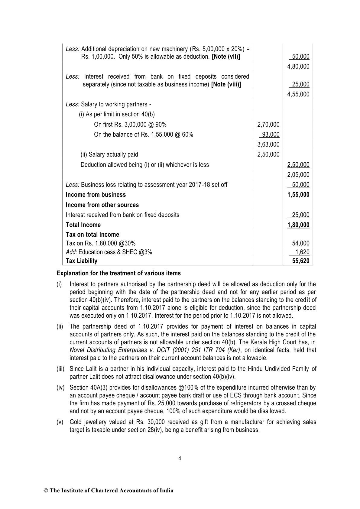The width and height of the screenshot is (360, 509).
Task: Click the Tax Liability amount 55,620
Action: pos(301,261)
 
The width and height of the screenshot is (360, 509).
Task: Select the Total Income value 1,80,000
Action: pos(298,225)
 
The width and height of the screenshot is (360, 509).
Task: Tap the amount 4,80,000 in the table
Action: pos(298,66)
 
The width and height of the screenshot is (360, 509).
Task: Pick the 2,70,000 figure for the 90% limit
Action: pos(268,125)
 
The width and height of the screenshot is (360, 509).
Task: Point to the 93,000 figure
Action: pos(271,135)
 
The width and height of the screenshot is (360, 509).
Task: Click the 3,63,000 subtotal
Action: pos(268,144)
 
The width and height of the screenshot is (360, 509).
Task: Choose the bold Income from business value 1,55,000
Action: pos(298,195)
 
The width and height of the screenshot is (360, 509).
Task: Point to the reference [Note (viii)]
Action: pos(226,84)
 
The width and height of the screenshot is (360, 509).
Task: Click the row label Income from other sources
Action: pos(102,205)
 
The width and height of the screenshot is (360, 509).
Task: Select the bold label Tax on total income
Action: pos(92,235)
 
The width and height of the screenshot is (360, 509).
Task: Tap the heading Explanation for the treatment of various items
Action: pos(118,273)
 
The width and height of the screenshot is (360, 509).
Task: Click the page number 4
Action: pos(180,459)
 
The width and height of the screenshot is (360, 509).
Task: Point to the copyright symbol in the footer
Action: pos(46,491)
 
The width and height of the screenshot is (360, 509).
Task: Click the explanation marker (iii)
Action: pos(60,369)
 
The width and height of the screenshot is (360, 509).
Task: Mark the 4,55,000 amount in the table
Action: pos(298,94)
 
